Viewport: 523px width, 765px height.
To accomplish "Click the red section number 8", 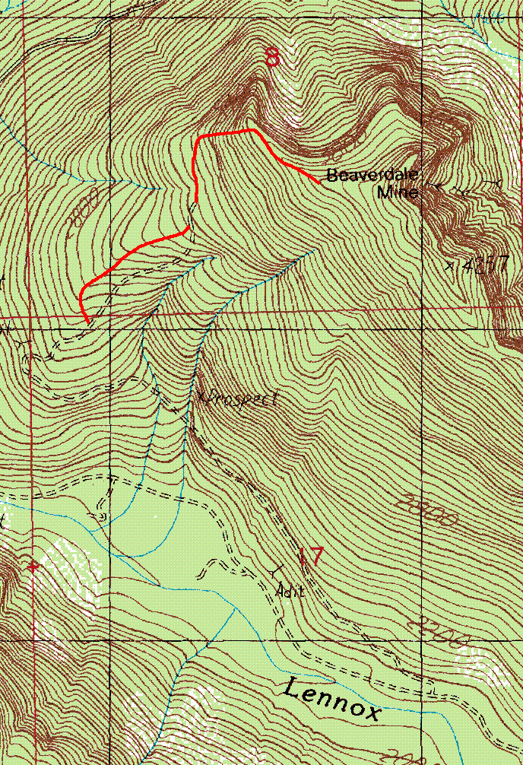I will (272, 56).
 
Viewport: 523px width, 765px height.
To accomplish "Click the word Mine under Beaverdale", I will (398, 192).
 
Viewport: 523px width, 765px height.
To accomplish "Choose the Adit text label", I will (290, 590).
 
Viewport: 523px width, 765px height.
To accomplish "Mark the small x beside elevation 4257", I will (450, 265).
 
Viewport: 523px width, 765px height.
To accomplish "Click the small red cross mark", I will (32, 567).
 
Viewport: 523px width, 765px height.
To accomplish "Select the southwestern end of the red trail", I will (86, 320).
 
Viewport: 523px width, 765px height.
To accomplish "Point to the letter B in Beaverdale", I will (331, 176).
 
